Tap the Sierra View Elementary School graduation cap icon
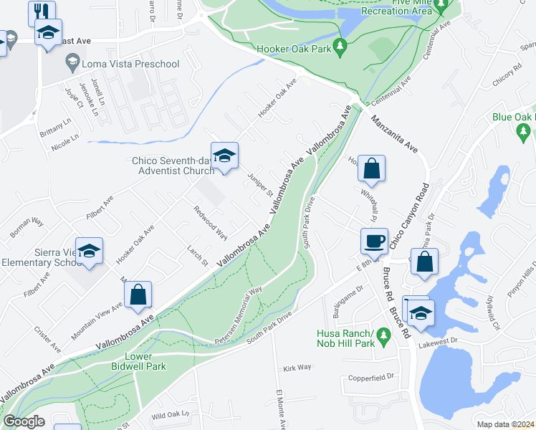pos(90,252)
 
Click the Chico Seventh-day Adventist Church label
pos(173,166)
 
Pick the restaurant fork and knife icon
pos(41,11)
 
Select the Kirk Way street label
pos(297,367)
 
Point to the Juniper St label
pos(259,184)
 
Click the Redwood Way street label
pos(210,223)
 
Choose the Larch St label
pos(196,257)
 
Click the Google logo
pos(24,421)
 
